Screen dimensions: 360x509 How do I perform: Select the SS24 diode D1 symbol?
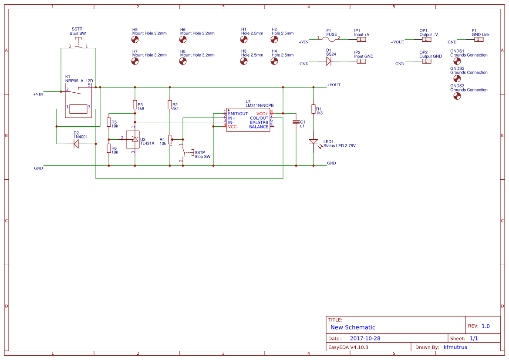[329, 61]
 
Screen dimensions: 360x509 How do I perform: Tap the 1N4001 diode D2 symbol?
[76, 142]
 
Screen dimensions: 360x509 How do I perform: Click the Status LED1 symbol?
[313, 142]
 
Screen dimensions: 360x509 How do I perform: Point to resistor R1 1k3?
[313, 109]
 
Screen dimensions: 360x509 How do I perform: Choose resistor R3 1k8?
[135, 104]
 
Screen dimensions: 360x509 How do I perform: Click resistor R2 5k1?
[170, 104]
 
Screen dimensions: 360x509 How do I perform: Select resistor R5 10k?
[109, 122]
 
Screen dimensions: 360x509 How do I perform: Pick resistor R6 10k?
[109, 148]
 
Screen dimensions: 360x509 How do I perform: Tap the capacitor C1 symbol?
[296, 122]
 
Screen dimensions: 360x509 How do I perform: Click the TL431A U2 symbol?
[133, 139]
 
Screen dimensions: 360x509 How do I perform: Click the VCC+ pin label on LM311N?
[262, 114]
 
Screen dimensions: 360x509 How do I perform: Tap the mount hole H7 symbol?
[135, 61]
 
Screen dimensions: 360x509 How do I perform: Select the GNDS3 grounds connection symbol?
[457, 96]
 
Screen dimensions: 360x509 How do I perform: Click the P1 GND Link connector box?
[479, 40]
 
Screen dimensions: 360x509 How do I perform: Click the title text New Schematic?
[353, 327]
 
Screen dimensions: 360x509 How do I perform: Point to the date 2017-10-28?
[365, 338]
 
